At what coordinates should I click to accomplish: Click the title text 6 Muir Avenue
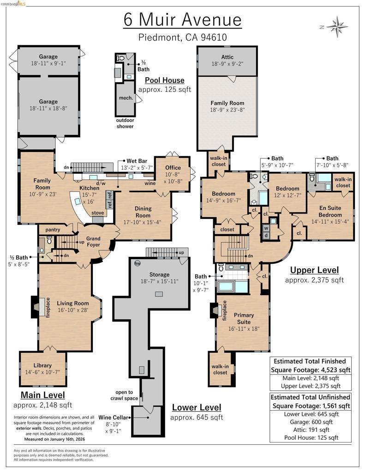(x=182, y=20)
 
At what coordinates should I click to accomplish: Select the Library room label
(x=42, y=365)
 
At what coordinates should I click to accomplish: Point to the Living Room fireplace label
(x=47, y=307)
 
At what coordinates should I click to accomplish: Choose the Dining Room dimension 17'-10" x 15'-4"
(x=143, y=222)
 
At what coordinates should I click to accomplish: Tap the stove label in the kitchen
(x=98, y=213)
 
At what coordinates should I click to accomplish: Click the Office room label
(x=174, y=168)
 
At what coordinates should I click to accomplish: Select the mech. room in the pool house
(x=126, y=98)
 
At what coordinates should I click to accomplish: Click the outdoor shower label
(x=125, y=123)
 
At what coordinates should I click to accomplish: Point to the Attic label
(x=227, y=57)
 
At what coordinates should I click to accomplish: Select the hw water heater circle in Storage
(x=137, y=264)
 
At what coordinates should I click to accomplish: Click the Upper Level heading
(x=314, y=270)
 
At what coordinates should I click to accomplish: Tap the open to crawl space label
(x=124, y=395)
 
